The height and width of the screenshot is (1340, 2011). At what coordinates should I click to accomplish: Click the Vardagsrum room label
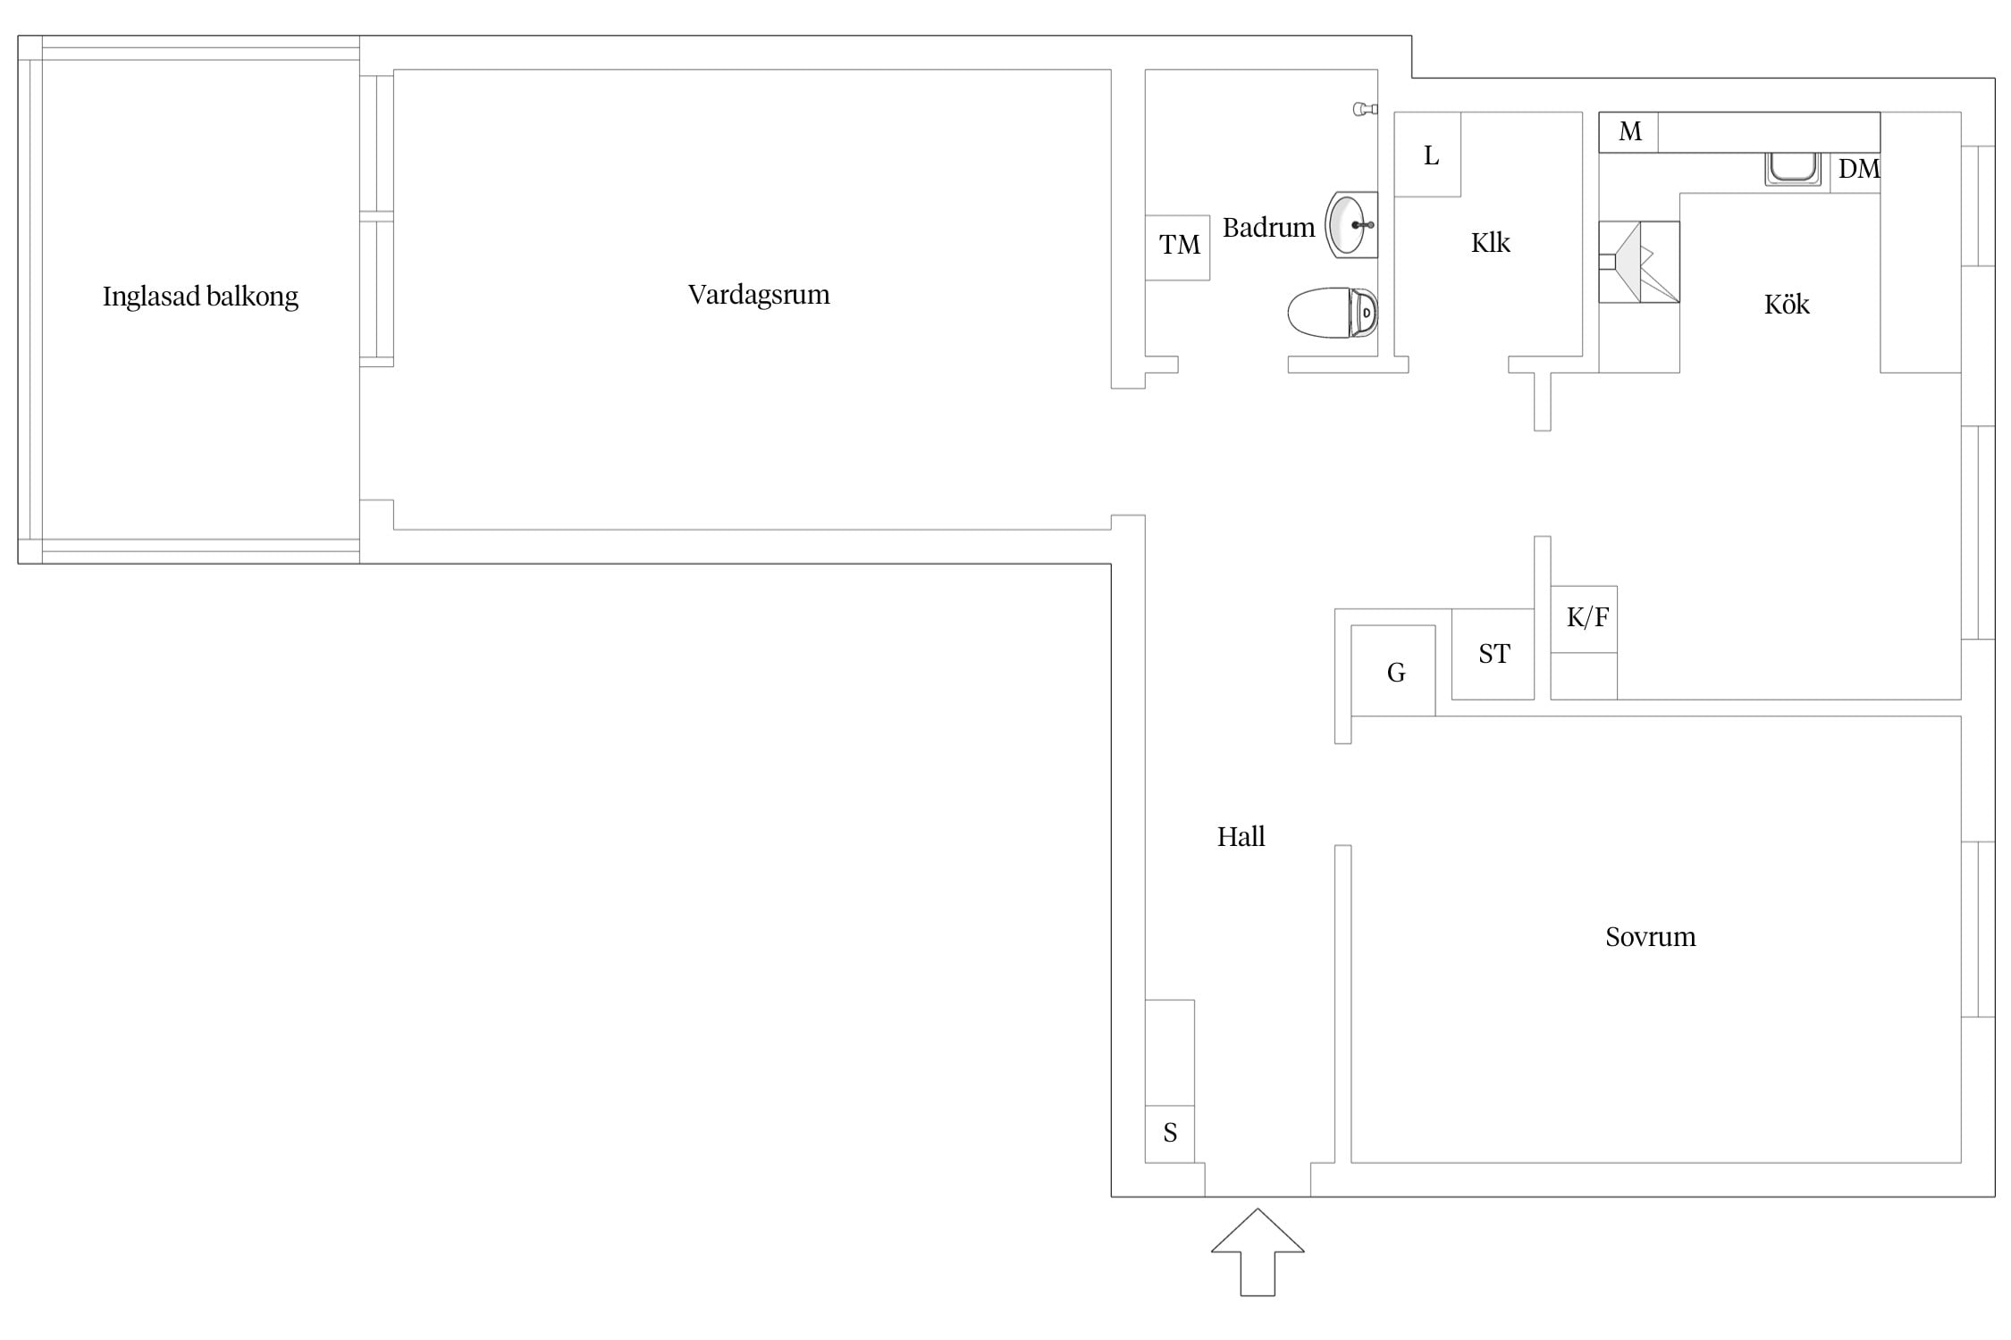pyautogui.click(x=759, y=295)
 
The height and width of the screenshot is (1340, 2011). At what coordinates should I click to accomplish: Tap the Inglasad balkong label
pyautogui.click(x=200, y=297)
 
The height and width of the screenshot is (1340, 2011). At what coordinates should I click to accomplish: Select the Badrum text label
pyautogui.click(x=1268, y=228)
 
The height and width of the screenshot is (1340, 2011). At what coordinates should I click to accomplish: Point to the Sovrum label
pyautogui.click(x=1650, y=936)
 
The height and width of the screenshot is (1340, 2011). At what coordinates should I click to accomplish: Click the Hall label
pyautogui.click(x=1241, y=837)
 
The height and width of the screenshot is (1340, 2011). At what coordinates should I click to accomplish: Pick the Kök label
pyautogui.click(x=1787, y=305)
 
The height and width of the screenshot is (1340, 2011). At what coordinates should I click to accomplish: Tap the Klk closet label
pyautogui.click(x=1490, y=242)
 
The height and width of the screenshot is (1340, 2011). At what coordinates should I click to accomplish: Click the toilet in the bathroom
pyautogui.click(x=1333, y=313)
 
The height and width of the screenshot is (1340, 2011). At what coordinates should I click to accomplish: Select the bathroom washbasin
pyautogui.click(x=1351, y=225)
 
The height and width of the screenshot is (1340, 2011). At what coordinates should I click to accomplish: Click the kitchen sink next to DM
pyautogui.click(x=1792, y=169)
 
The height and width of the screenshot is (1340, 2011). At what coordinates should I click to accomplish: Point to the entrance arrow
pyautogui.click(x=1258, y=1252)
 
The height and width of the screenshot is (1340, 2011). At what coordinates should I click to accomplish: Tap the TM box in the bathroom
pyautogui.click(x=1178, y=247)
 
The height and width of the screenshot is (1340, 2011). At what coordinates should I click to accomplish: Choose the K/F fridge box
pyautogui.click(x=1584, y=619)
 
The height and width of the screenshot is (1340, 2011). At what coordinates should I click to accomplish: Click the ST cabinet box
pyautogui.click(x=1493, y=654)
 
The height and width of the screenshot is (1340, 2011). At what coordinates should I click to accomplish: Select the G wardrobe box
pyautogui.click(x=1393, y=671)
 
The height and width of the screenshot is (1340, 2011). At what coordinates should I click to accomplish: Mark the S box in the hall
pyautogui.click(x=1170, y=1134)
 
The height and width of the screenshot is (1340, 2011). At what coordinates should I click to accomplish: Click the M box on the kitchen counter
pyautogui.click(x=1628, y=132)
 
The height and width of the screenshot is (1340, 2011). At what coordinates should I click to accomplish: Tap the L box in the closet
pyautogui.click(x=1427, y=155)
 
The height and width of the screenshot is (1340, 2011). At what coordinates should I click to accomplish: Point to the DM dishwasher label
pyautogui.click(x=1858, y=169)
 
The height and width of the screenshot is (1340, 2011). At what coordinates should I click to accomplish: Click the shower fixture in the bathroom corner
pyautogui.click(x=1365, y=109)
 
